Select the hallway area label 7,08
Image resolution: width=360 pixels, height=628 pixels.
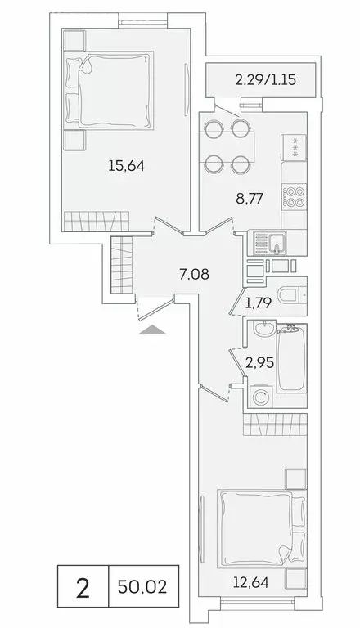[195, 274]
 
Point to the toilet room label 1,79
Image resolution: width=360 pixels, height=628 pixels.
[259, 307]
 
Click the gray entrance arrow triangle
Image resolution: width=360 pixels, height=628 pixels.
[153, 330]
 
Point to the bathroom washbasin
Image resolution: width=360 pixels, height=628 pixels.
[260, 331]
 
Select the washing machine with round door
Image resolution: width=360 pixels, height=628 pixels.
[261, 398]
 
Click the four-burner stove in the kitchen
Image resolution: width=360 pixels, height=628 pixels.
[294, 196]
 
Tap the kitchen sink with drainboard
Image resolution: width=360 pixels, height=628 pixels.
[270, 242]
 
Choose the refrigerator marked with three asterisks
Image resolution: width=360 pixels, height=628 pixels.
[294, 147]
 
